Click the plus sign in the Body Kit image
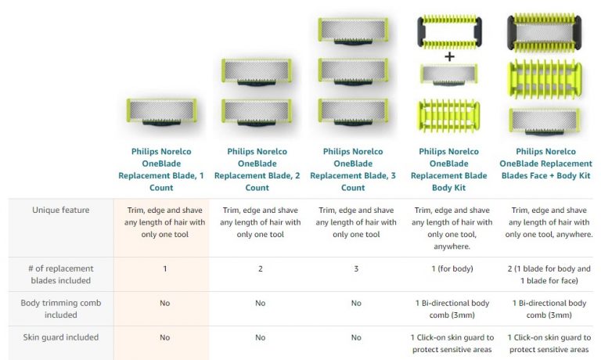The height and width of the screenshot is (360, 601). pyautogui.click(x=448, y=57)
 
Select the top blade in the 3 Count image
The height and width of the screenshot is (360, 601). pyautogui.click(x=352, y=31)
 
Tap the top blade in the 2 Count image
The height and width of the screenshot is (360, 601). pyautogui.click(x=257, y=70)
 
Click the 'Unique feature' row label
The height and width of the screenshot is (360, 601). pyautogui.click(x=60, y=210)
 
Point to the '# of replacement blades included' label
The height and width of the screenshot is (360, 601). pyautogui.click(x=60, y=274)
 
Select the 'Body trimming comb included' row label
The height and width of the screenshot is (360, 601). pyautogui.click(x=60, y=308)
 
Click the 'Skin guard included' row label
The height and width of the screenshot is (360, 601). pyautogui.click(x=60, y=337)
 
